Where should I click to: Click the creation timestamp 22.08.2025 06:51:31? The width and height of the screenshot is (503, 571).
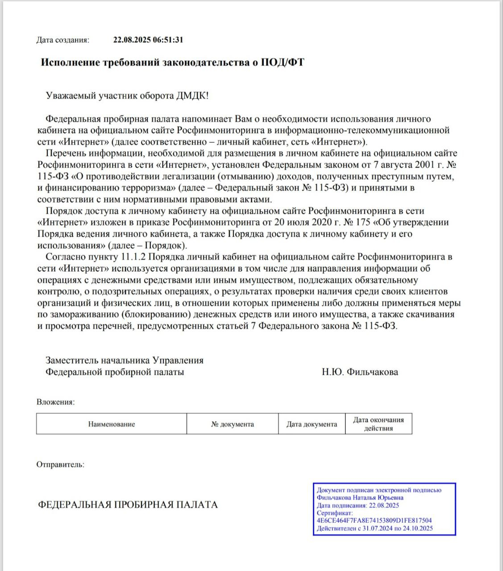148,40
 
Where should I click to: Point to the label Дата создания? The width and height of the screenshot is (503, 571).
63,40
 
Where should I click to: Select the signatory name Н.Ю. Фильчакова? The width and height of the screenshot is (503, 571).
360,372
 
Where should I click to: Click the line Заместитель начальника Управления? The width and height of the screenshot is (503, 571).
125,360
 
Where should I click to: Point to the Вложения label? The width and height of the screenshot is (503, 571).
55,402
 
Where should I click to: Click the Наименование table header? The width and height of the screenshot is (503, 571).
111,424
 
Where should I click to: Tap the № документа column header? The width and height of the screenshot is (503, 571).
232,424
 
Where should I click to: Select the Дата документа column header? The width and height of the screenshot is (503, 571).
312,424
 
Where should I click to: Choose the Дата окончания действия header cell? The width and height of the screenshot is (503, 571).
378,424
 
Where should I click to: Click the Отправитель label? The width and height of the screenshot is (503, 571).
60,464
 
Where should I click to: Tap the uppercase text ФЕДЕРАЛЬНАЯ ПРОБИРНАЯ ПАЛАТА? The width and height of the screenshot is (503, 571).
128,505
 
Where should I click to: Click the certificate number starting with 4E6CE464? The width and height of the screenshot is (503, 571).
374,520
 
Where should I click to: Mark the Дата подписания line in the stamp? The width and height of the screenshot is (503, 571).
358,505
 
